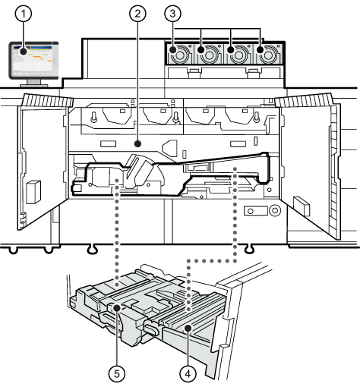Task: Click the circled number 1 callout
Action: [x=24, y=14]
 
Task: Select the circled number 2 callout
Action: [x=137, y=14]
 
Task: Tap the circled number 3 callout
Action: [x=173, y=14]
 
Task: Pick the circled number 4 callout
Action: [x=188, y=373]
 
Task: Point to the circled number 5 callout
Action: [x=117, y=373]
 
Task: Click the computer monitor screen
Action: [x=33, y=60]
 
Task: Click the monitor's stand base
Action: [x=34, y=86]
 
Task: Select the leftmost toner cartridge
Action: [x=180, y=54]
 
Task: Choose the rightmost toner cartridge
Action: [x=268, y=54]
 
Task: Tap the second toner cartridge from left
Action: [x=209, y=54]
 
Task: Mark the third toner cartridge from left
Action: [x=238, y=54]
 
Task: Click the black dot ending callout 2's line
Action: [x=137, y=144]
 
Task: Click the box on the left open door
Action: [x=33, y=192]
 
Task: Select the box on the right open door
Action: [x=302, y=206]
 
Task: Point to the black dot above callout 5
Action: [x=117, y=308]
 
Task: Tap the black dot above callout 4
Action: [x=188, y=329]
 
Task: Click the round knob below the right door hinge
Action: [x=275, y=210]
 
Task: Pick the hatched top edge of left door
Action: [x=48, y=100]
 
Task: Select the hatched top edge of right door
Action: [x=303, y=100]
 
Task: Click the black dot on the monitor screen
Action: [x=24, y=52]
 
